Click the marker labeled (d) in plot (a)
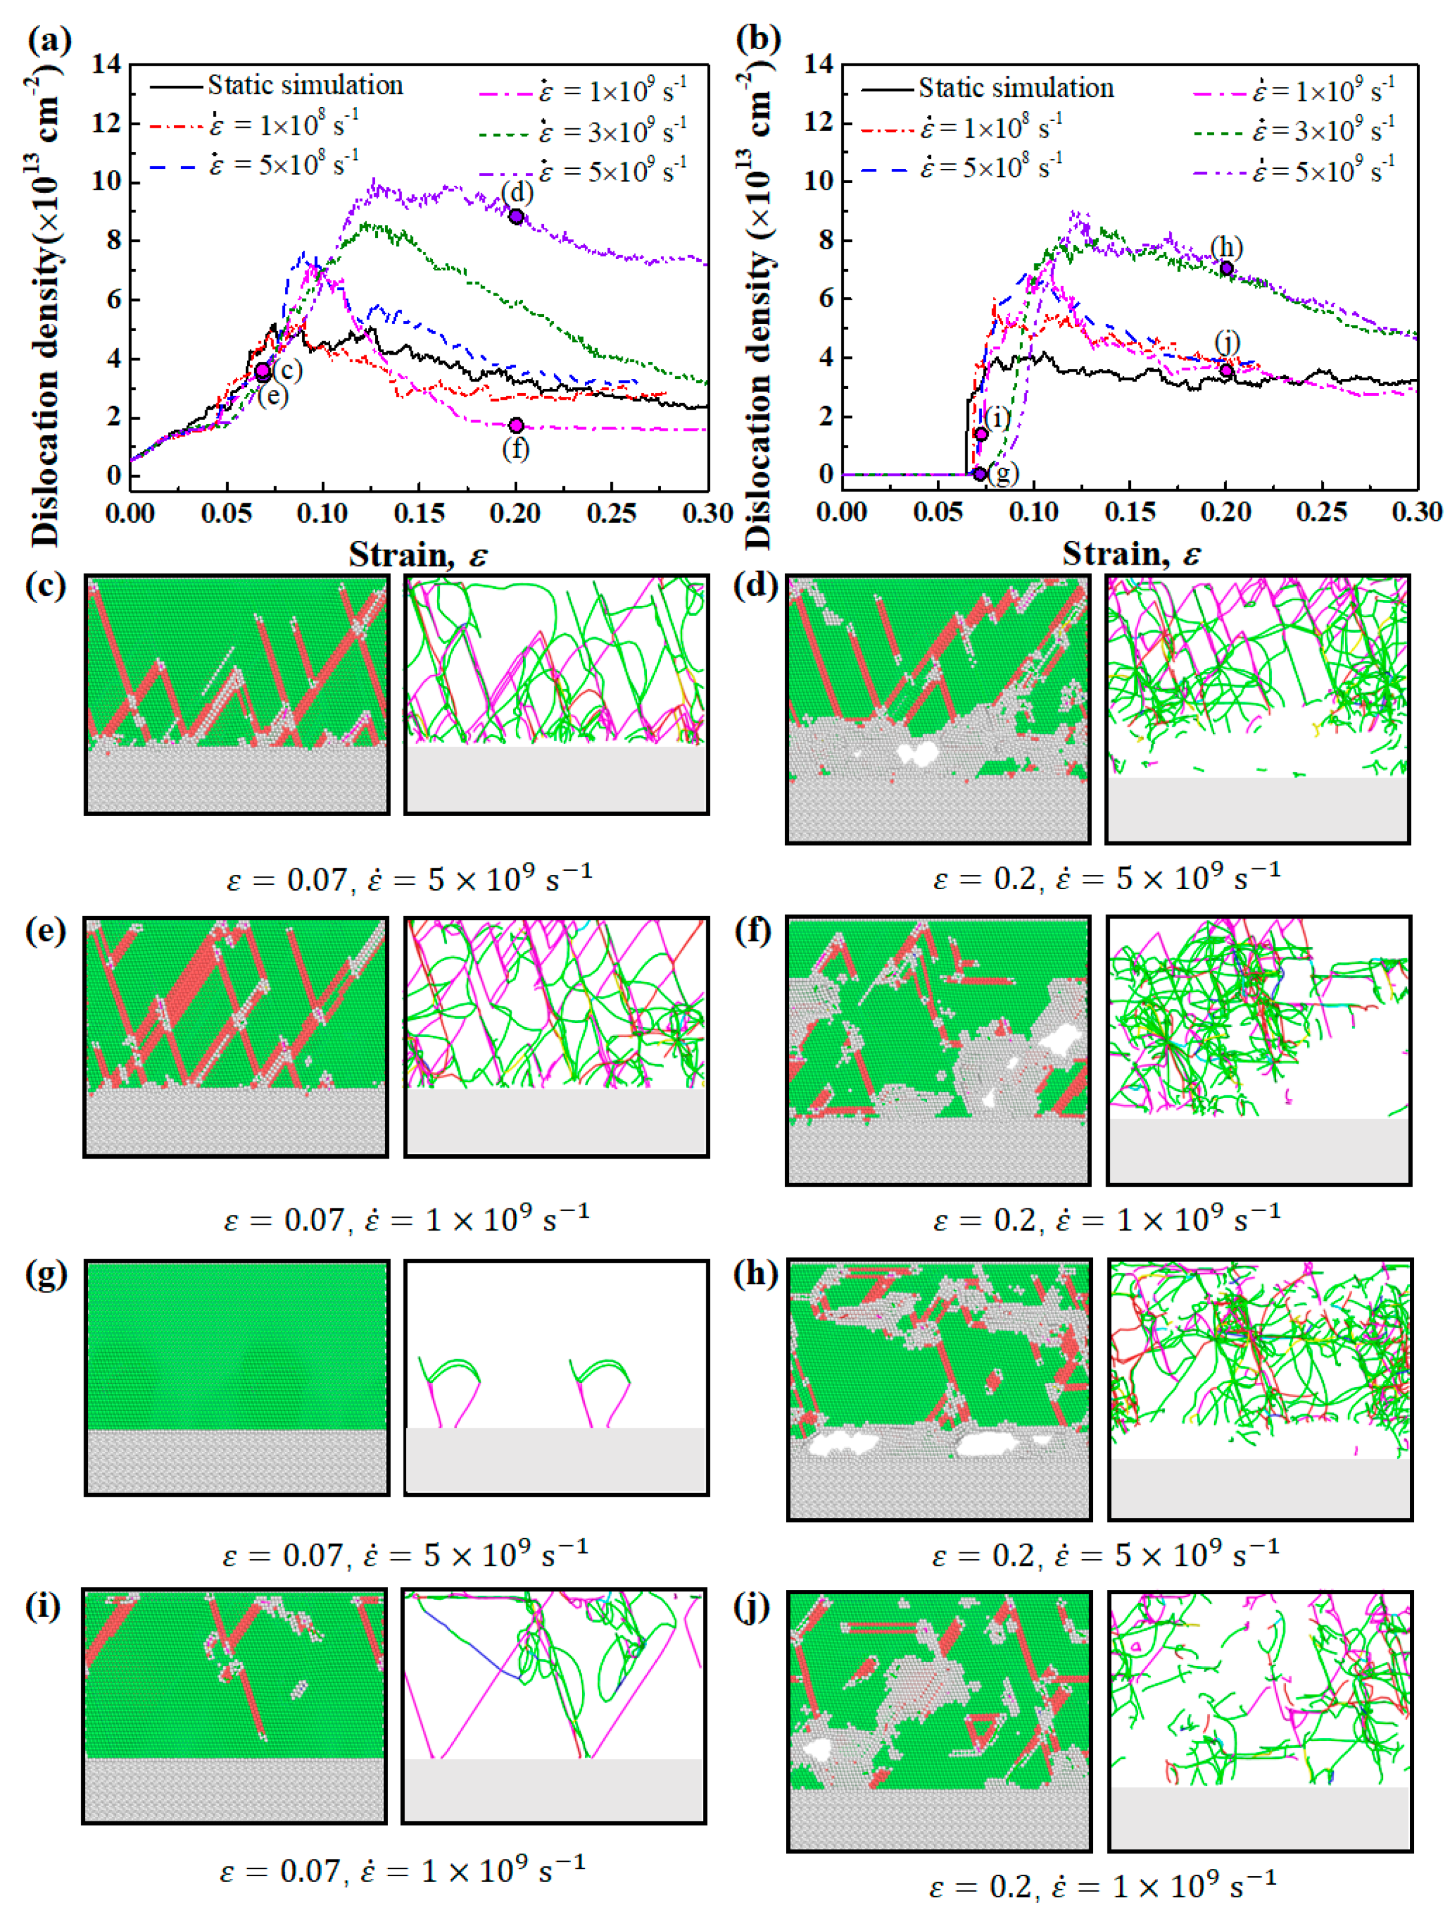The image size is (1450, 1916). (x=516, y=216)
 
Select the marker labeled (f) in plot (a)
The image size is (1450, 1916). (x=516, y=426)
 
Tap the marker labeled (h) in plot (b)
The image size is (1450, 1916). (x=1227, y=269)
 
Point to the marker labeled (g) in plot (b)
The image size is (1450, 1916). (x=980, y=474)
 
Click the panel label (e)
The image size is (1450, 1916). (x=45, y=931)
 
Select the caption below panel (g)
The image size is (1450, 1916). (x=405, y=1555)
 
